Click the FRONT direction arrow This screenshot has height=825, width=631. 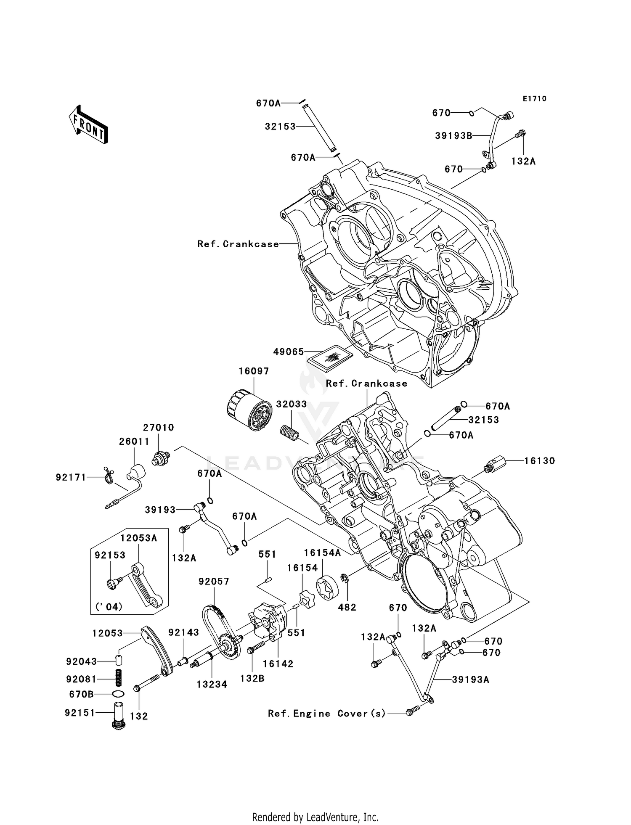click(x=88, y=124)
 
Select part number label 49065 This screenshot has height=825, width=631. click(x=288, y=352)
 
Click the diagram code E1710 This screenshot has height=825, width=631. click(x=534, y=99)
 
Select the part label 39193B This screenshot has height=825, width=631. click(x=453, y=135)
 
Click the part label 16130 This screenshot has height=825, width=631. click(x=539, y=460)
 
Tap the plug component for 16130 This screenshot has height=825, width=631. click(x=494, y=465)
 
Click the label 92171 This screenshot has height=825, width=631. click(x=71, y=477)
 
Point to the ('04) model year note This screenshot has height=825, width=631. click(x=109, y=606)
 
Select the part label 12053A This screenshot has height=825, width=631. click(x=138, y=538)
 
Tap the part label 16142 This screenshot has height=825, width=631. click(x=278, y=664)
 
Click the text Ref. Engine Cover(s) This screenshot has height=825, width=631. click(x=326, y=713)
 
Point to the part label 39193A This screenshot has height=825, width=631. click(x=470, y=680)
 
